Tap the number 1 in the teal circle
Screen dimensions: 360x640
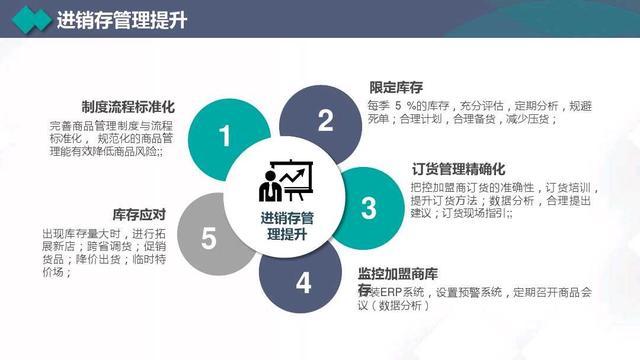225,136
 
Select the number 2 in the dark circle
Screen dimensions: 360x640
325,121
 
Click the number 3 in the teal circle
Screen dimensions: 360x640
369,207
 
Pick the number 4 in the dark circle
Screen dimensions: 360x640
303,282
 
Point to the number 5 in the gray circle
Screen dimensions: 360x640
208,238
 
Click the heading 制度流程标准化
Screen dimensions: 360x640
129,106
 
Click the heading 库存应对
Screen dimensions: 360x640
139,214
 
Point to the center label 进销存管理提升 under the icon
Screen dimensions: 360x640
288,226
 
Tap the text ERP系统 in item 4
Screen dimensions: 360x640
399,292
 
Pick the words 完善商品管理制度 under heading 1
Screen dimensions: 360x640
83,126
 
